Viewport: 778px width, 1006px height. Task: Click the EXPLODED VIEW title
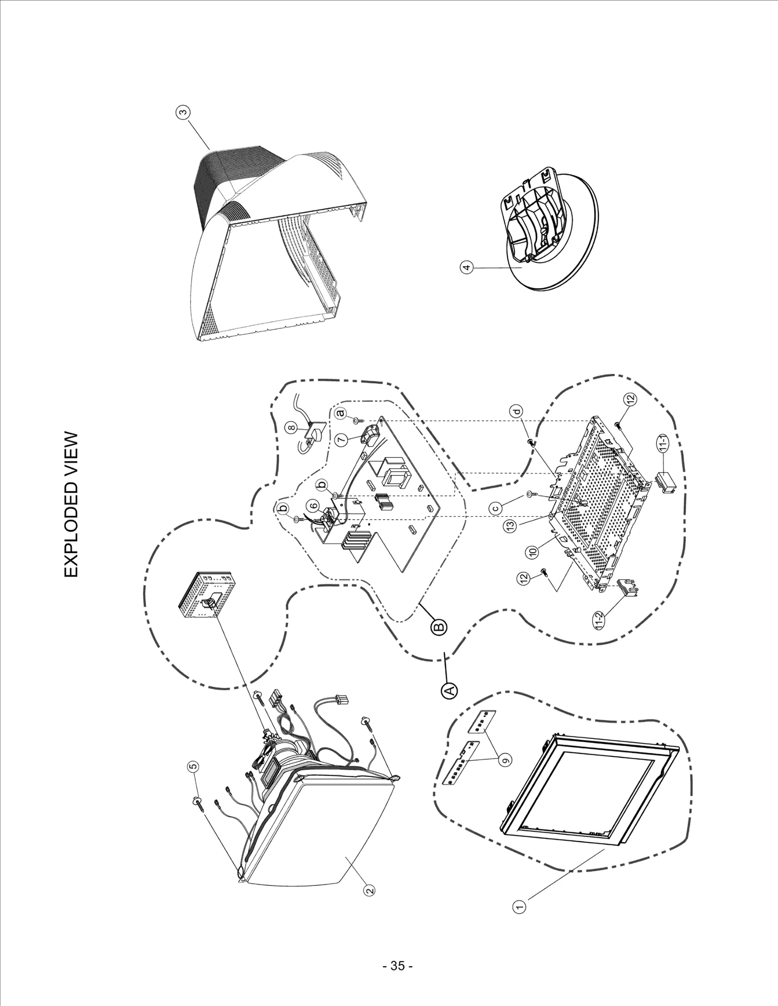point(71,505)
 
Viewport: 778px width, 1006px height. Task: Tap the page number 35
point(398,966)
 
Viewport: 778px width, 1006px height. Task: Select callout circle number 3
point(182,113)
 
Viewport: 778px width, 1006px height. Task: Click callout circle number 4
point(466,267)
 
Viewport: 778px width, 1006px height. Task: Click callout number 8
point(291,427)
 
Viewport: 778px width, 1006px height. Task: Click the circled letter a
point(340,413)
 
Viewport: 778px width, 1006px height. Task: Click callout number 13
point(510,526)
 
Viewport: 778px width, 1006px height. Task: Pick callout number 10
point(533,551)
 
